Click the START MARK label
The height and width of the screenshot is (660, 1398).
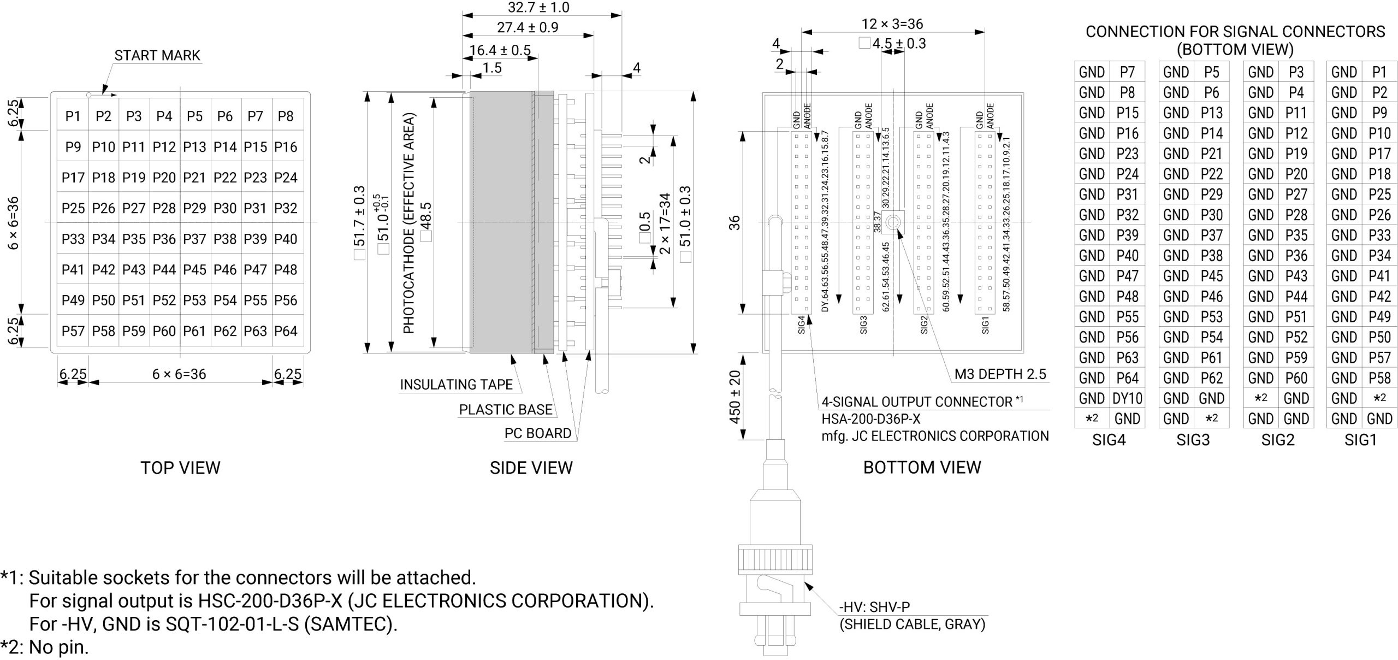(x=157, y=55)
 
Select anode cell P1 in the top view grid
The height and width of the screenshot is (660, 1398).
(x=73, y=116)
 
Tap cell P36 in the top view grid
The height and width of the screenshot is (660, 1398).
(x=164, y=239)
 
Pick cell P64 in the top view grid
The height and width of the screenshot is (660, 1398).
(x=286, y=331)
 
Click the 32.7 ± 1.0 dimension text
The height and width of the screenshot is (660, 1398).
(x=538, y=8)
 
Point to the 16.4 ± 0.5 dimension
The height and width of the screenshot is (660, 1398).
(x=500, y=50)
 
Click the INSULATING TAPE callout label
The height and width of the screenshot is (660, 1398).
(x=456, y=385)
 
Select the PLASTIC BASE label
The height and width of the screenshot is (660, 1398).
(x=505, y=410)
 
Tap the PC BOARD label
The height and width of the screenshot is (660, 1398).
(x=537, y=433)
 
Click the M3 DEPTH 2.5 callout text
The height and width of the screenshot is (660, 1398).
(x=1000, y=374)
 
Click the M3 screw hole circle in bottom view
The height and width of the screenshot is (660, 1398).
(x=893, y=222)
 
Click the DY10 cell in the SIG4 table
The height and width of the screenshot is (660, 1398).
(x=1127, y=399)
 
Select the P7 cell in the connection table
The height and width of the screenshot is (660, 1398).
(x=1127, y=72)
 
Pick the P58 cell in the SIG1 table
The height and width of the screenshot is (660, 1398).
(x=1379, y=378)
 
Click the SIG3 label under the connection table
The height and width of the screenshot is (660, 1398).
(x=1193, y=440)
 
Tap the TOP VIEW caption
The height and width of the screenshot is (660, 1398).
(x=180, y=468)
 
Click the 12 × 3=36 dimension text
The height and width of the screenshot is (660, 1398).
(x=892, y=24)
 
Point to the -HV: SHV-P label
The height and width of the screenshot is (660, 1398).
(x=874, y=607)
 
